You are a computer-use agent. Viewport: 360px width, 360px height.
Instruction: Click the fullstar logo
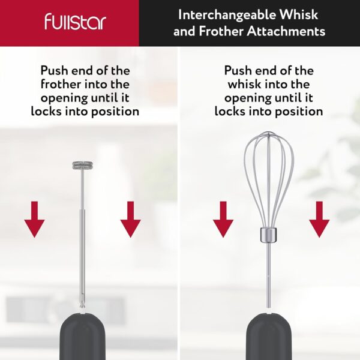[x=75, y=22]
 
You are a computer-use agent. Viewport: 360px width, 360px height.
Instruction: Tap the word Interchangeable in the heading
[x=227, y=15]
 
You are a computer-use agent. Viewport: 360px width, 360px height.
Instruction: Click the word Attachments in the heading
[x=286, y=31]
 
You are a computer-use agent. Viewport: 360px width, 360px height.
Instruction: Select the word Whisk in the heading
[x=298, y=14]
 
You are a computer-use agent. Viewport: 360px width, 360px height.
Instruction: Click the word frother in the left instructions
[x=61, y=84]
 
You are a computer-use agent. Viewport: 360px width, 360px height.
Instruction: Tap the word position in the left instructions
[x=115, y=112]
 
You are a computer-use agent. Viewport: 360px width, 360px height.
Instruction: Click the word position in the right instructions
[x=299, y=112]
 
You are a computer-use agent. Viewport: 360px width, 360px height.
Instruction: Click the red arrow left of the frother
[x=34, y=219]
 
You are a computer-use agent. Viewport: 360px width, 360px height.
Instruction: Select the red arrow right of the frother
[x=130, y=219]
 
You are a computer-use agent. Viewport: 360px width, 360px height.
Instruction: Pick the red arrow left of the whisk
[x=223, y=219]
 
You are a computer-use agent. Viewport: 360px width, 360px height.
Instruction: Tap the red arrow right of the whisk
[x=319, y=219]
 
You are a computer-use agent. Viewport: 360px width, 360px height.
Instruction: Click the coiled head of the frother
[x=83, y=166]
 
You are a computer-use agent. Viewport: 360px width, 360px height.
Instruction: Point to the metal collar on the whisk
[x=268, y=235]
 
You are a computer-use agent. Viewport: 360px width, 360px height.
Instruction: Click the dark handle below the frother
[x=83, y=337]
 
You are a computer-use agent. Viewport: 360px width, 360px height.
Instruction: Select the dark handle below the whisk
[x=269, y=337]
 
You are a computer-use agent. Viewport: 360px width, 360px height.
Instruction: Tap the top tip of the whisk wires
[x=268, y=132]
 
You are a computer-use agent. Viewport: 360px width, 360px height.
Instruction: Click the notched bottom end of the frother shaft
[x=82, y=305]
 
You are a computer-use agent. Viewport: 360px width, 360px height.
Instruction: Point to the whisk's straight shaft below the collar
[x=268, y=275]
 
